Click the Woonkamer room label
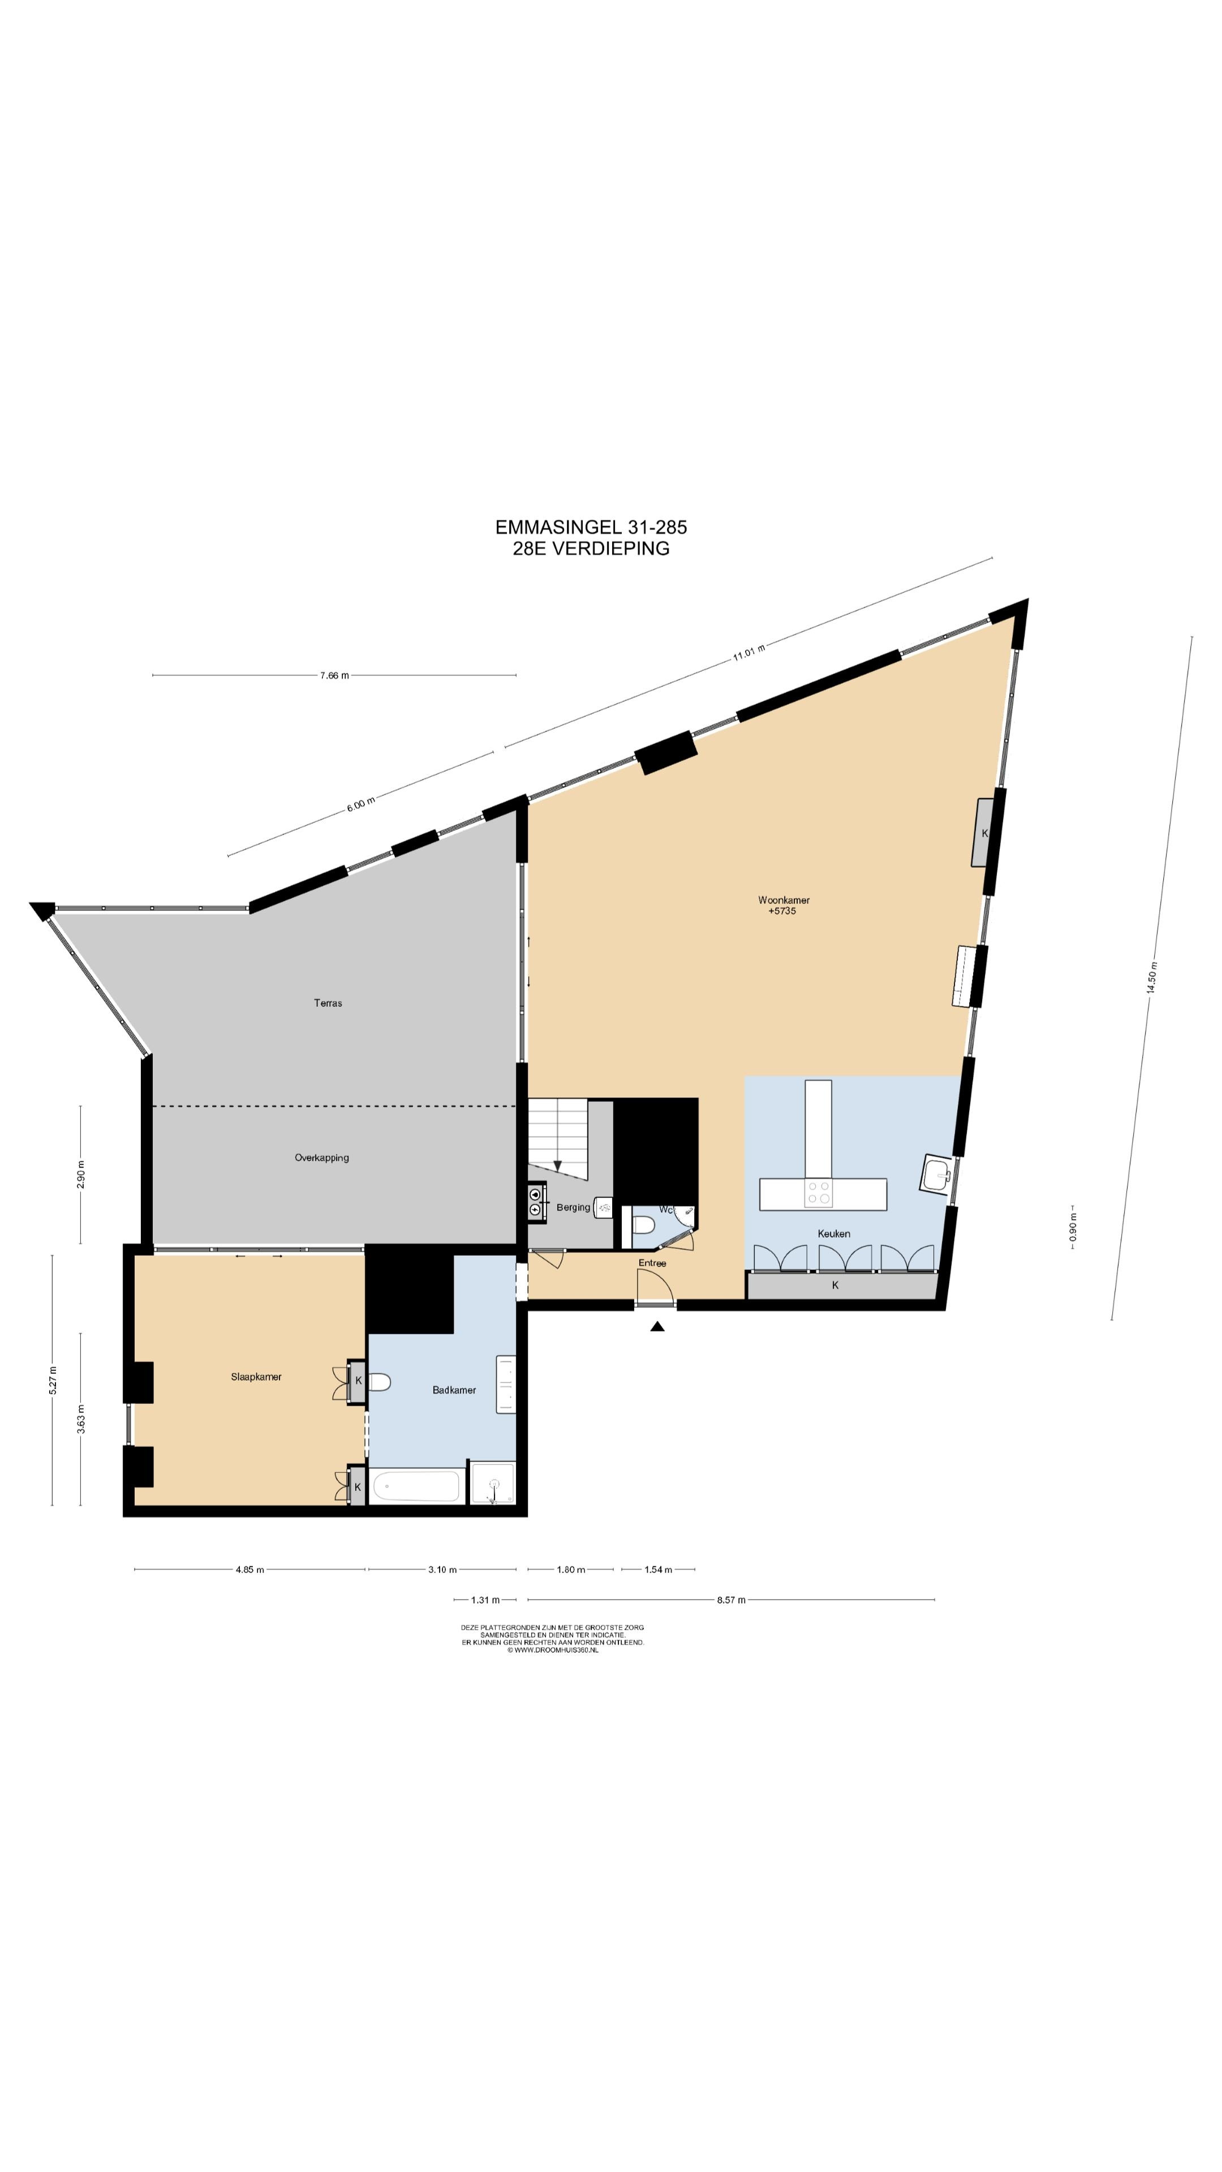point(784,900)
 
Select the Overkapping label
point(321,1158)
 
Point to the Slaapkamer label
point(256,1377)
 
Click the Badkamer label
point(454,1390)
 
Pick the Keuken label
point(834,1234)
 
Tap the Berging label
point(574,1208)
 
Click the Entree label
point(652,1263)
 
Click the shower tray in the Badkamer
point(493,1483)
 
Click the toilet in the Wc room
point(643,1224)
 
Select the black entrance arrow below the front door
point(657,1326)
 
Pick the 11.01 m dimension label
point(749,653)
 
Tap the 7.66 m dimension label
point(334,675)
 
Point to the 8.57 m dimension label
point(731,1600)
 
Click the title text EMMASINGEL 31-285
point(591,527)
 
